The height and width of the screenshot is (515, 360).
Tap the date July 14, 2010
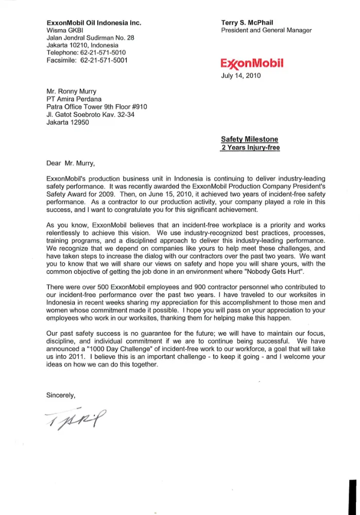(241, 76)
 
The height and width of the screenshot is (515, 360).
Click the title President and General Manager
(266, 30)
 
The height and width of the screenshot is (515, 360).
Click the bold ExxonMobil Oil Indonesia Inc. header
(94, 23)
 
